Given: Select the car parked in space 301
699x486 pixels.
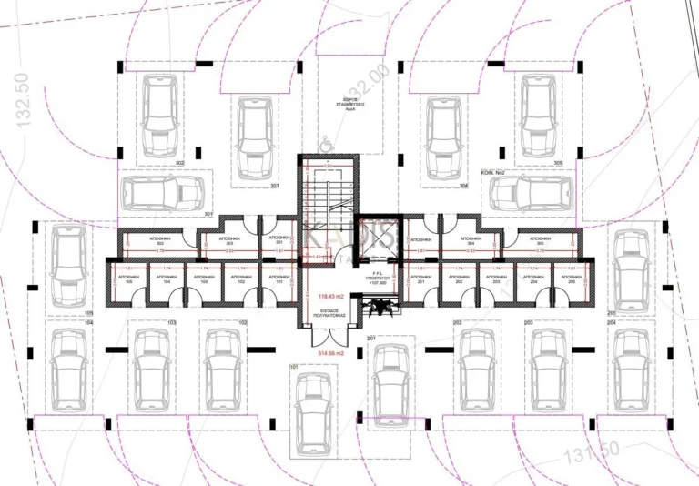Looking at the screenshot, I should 164,193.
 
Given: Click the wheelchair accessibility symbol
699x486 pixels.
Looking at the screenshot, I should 325,141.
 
